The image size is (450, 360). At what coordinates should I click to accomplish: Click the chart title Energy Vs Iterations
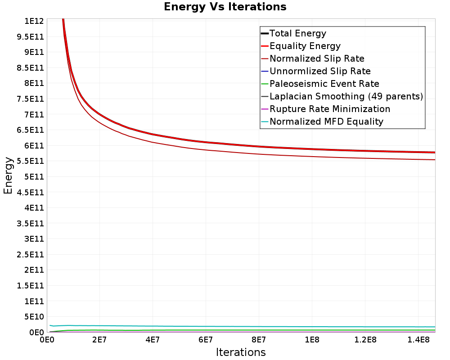pos(225,7)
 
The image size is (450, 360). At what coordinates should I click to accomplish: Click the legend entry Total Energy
pos(293,33)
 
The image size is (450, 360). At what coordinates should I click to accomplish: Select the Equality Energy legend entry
pos(301,46)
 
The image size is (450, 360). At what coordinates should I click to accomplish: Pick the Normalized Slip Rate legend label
pos(313,58)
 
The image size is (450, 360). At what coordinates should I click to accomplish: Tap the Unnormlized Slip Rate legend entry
pos(316,71)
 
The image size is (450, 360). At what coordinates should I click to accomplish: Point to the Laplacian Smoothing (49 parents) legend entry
pos(342,96)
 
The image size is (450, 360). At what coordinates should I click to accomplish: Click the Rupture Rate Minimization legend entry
pos(326,109)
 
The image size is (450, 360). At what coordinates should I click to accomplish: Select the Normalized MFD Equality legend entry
pos(322,121)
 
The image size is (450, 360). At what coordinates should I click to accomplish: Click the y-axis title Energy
pos(8,175)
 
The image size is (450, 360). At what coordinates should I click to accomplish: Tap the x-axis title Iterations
pos(241,352)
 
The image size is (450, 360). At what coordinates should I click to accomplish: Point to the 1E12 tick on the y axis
pos(34,21)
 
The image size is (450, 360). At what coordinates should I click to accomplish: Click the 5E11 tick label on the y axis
pos(34,176)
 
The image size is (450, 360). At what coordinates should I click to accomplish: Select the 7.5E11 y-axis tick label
pos(31,99)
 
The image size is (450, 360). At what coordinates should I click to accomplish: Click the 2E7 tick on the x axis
pos(99,340)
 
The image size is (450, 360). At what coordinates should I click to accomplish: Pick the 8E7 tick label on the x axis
pos(259,340)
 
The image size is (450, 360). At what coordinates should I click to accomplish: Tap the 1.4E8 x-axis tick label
pos(418,340)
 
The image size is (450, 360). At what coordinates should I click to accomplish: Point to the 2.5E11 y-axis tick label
pos(31,254)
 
